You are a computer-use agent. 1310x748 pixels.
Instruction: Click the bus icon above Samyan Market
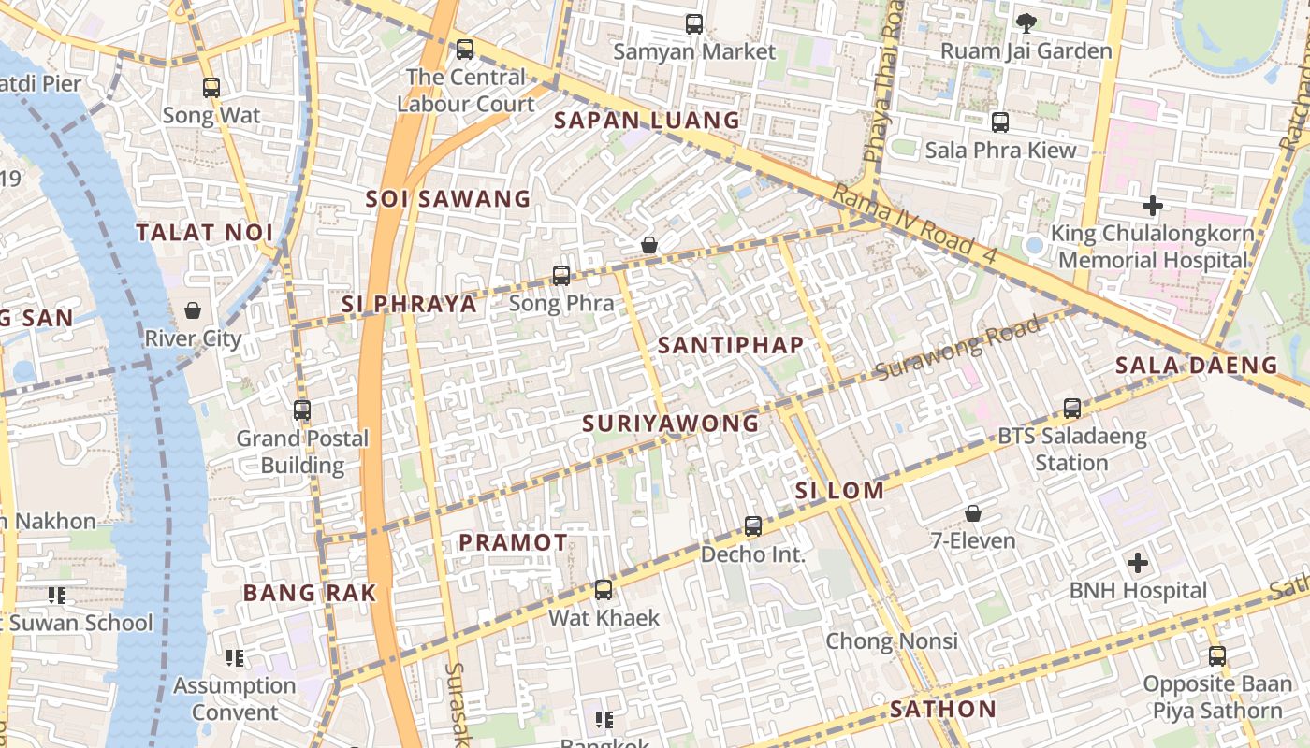[x=693, y=24]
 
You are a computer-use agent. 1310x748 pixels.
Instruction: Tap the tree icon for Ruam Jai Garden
[x=1026, y=23]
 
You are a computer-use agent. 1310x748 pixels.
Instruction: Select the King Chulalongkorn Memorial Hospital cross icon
[x=1153, y=206]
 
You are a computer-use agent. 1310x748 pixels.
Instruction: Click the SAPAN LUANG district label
[x=647, y=121]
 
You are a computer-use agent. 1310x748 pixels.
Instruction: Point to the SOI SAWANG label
[x=447, y=199]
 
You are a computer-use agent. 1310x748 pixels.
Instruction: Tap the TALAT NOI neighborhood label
[x=205, y=233]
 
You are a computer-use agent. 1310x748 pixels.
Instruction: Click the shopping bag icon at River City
[x=193, y=310]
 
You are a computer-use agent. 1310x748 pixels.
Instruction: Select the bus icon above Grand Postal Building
[x=301, y=410]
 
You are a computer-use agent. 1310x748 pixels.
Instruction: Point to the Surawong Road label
[x=958, y=349]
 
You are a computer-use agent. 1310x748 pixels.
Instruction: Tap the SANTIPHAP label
[x=730, y=345]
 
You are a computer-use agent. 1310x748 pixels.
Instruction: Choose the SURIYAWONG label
[x=670, y=424]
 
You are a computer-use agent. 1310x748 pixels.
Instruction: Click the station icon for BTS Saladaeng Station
[x=1071, y=409]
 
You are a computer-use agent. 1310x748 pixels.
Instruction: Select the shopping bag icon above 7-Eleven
[x=973, y=513]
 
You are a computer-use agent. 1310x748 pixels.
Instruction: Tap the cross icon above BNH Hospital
[x=1137, y=563]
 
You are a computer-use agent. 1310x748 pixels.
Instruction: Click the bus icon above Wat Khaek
[x=604, y=590]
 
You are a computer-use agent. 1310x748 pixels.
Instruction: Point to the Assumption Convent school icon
[x=235, y=658]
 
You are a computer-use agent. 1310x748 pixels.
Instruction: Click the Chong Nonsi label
[x=891, y=641]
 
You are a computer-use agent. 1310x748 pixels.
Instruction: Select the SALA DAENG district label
[x=1197, y=366]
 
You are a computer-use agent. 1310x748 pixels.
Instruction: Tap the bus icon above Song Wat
[x=211, y=88]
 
